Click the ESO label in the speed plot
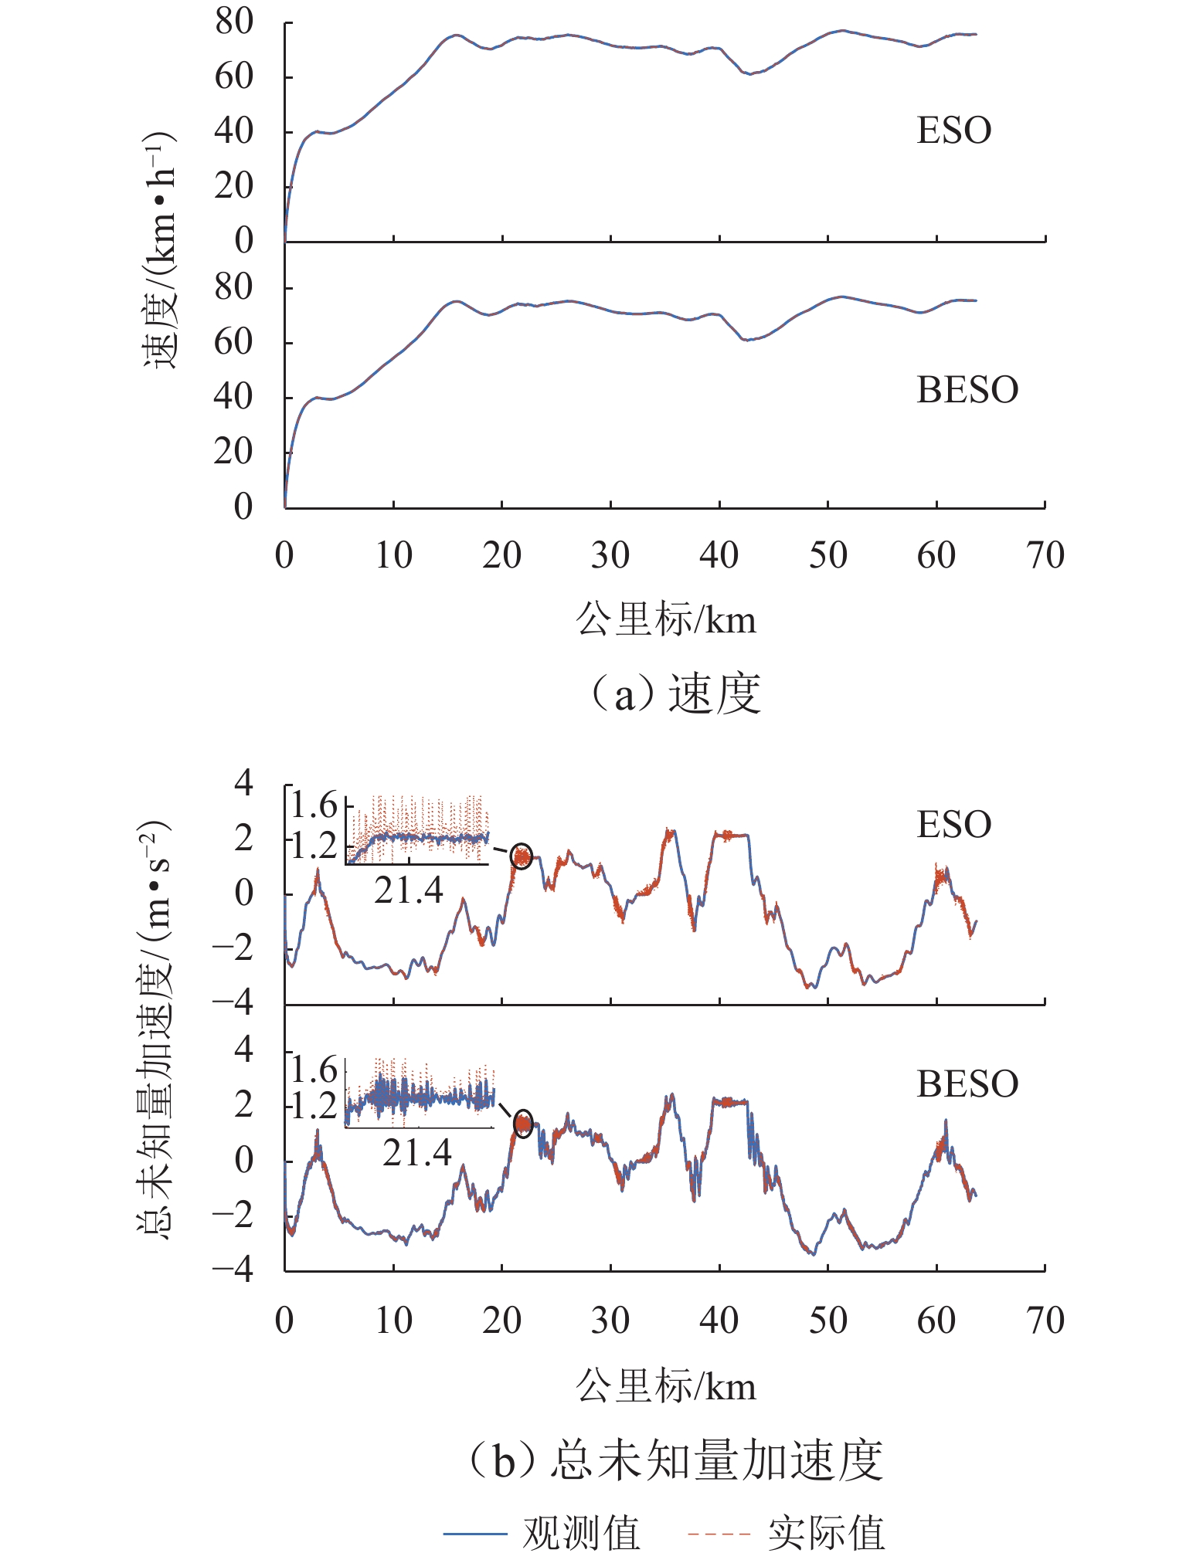[953, 131]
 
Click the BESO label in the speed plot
[967, 391]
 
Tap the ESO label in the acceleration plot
[953, 825]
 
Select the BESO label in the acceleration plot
[967, 1085]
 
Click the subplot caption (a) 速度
[674, 693]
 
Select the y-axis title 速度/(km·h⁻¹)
[160, 251]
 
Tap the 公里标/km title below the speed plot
[665, 620]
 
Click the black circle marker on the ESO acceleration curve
[522, 856]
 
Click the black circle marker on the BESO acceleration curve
[523, 1124]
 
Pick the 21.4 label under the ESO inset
[409, 890]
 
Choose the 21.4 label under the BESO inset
[416, 1153]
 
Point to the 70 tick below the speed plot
[1045, 556]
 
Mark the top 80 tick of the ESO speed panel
[234, 22]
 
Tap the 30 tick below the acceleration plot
[610, 1321]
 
